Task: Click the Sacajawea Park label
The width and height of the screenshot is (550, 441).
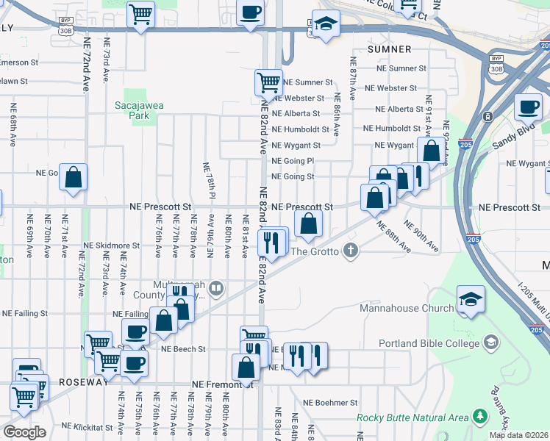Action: click(x=138, y=110)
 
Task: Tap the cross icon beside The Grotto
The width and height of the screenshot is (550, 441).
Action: click(x=351, y=251)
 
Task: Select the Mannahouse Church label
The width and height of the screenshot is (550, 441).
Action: click(x=407, y=308)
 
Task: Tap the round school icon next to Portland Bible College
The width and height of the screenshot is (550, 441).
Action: click(x=491, y=343)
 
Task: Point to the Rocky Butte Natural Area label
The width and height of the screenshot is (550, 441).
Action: click(x=413, y=417)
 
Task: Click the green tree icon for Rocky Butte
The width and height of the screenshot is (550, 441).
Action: click(x=481, y=417)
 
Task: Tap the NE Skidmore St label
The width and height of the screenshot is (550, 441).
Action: click(x=111, y=245)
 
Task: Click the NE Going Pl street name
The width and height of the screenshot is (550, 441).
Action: click(x=293, y=160)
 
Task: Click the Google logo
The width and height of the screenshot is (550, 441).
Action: click(x=24, y=431)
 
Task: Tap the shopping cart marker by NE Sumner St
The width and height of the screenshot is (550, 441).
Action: click(x=268, y=82)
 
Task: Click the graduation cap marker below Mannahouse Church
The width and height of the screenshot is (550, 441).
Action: click(x=471, y=299)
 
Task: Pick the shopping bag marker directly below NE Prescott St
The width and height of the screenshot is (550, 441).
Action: click(x=309, y=223)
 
